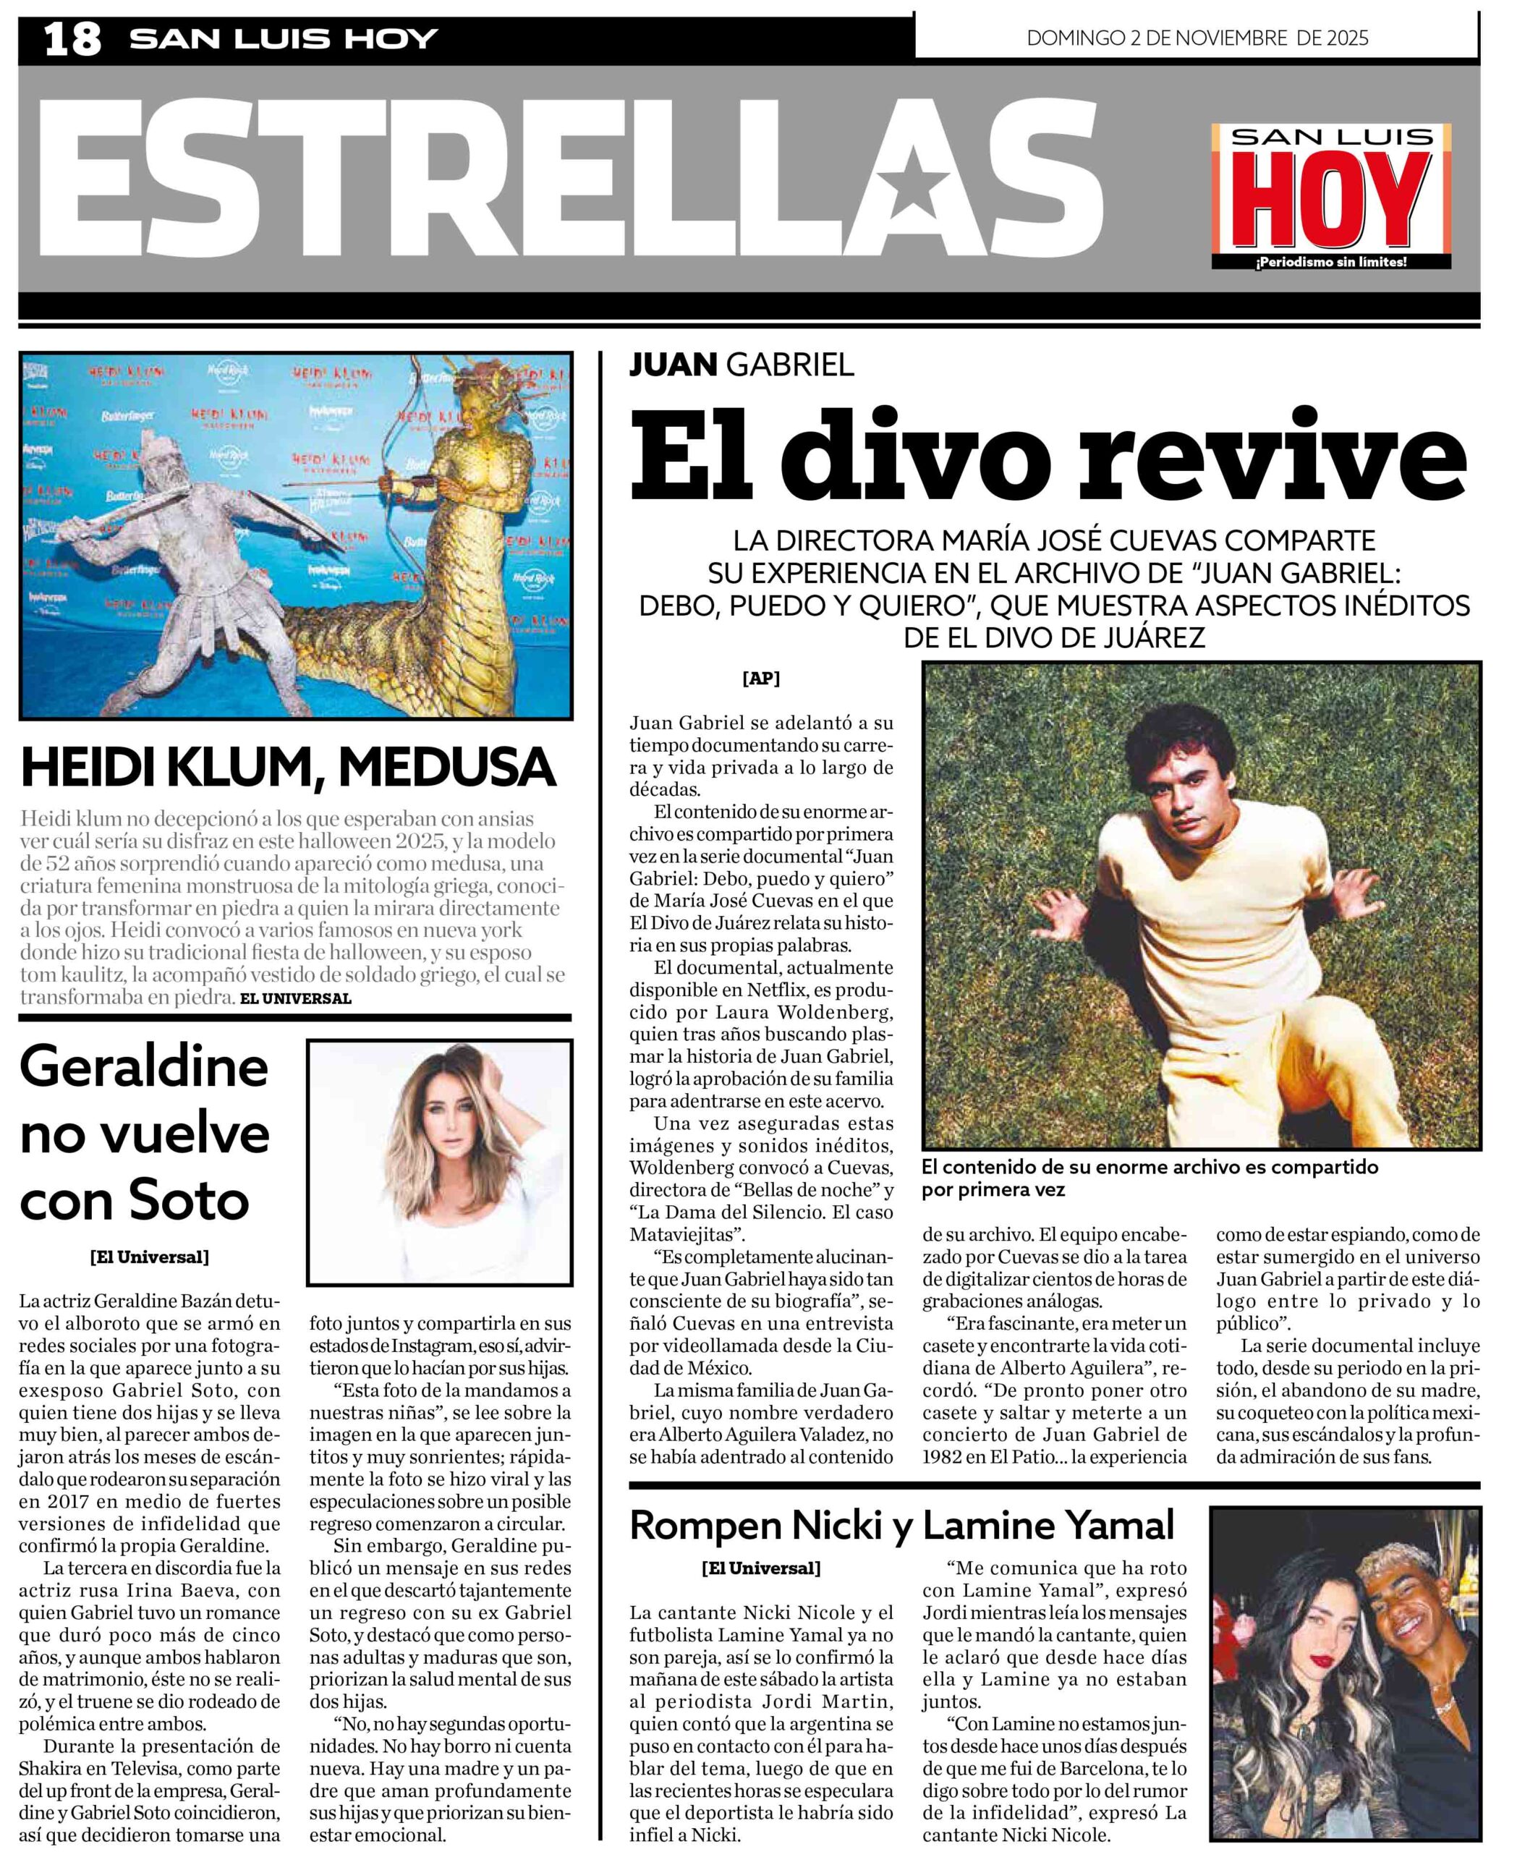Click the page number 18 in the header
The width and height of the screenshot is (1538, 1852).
[x=72, y=40]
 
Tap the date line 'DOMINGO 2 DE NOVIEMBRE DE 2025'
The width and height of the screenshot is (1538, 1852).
[x=1197, y=38]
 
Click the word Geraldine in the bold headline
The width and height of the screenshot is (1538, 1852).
[x=144, y=1067]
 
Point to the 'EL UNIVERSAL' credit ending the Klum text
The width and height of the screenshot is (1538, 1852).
[x=295, y=998]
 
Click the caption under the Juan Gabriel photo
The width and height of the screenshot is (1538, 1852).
[x=1149, y=1178]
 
